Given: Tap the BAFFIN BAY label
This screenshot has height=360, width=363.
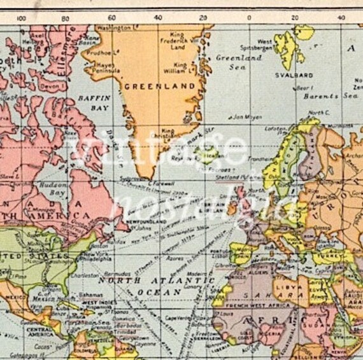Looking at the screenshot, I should pos(94,104).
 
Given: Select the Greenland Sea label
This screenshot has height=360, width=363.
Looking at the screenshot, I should pos(238,60).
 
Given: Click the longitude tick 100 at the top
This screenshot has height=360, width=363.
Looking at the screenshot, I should pos(22,18).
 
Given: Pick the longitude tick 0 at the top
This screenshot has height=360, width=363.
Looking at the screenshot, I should pos(249,18).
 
